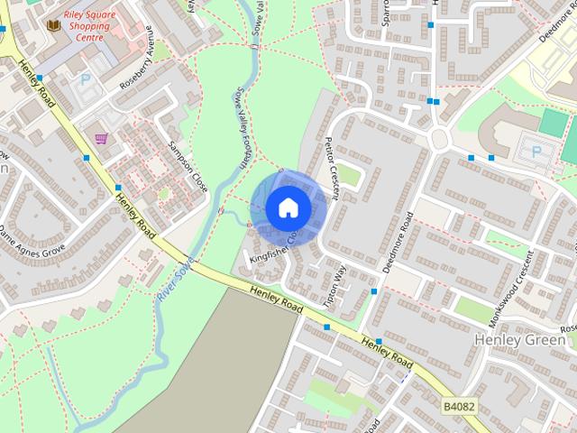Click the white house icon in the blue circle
(x=288, y=208)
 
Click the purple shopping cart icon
(x=101, y=138)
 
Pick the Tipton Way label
(x=334, y=287)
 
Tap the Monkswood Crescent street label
(x=515, y=276)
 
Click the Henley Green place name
(x=520, y=339)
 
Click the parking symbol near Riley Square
(x=87, y=79)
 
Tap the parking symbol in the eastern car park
(x=536, y=152)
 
